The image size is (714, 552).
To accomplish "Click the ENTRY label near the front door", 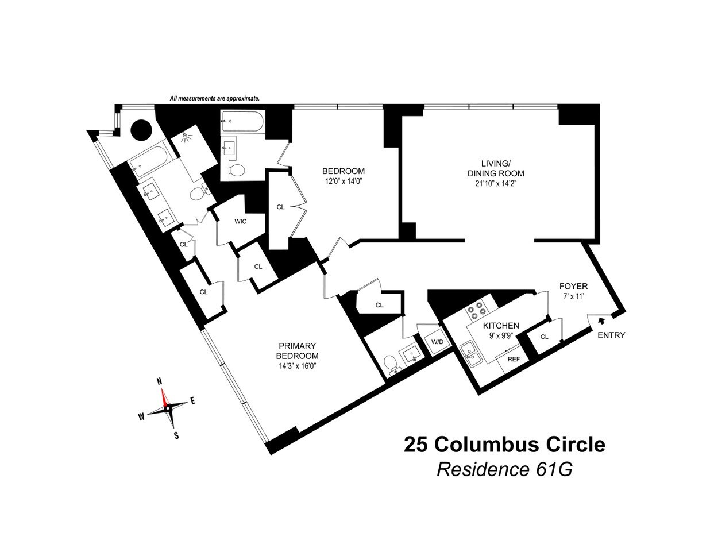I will pyautogui.click(x=611, y=335).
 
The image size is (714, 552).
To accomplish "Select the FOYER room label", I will pyautogui.click(x=573, y=286).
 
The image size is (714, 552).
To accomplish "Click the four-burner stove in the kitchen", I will pyautogui.click(x=476, y=312).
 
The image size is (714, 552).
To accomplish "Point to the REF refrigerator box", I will pyautogui.click(x=512, y=359).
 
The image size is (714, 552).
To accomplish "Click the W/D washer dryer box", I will pyautogui.click(x=438, y=342).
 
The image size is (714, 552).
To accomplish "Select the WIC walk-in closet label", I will pyautogui.click(x=240, y=222).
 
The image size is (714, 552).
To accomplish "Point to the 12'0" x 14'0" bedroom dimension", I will pyautogui.click(x=343, y=181).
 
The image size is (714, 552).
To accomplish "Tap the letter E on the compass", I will pyautogui.click(x=193, y=402).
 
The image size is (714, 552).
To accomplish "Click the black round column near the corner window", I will pyautogui.click(x=141, y=130).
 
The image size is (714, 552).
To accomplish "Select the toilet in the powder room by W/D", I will pyautogui.click(x=390, y=363).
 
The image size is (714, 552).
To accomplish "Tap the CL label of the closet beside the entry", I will pyautogui.click(x=544, y=337).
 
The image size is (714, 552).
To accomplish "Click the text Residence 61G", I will pyautogui.click(x=504, y=469).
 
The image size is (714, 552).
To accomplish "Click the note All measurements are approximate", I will pyautogui.click(x=214, y=99).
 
